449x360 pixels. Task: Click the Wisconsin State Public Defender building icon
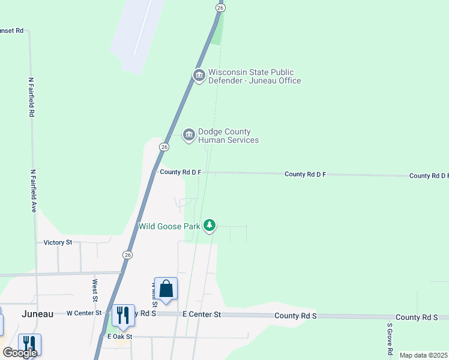tap(199, 74)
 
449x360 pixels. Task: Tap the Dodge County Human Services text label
tap(228, 136)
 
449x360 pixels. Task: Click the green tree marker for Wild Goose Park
tap(209, 226)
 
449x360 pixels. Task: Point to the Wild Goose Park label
tap(169, 226)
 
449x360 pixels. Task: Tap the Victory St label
tap(58, 242)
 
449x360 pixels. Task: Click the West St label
tap(95, 290)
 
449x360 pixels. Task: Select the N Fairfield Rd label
tap(32, 97)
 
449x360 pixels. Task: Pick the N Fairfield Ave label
tap(34, 190)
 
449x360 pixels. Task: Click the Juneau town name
tap(37, 314)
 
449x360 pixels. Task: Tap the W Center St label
tap(84, 313)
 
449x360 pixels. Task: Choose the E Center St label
tap(202, 314)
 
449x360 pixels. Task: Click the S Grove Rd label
tap(390, 340)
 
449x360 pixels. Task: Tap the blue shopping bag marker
tap(166, 289)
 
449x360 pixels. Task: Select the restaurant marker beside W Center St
tap(122, 315)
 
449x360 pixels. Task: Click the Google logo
tap(20, 353)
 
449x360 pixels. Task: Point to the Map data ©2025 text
tap(424, 355)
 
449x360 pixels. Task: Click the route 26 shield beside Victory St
tap(127, 255)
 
